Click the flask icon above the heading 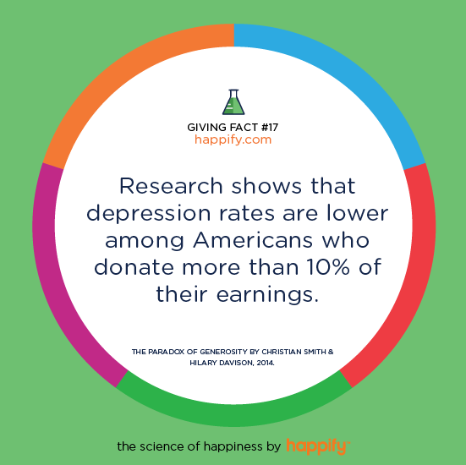tap(233, 102)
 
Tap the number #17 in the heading tap(270, 128)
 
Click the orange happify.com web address tap(233, 139)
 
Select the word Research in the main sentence tap(171, 186)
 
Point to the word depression tap(149, 214)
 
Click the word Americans tap(253, 240)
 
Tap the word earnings tap(267, 295)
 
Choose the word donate tap(134, 267)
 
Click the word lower tap(358, 213)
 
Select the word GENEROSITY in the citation tap(224, 352)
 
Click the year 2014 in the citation tap(266, 363)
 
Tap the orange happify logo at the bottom tap(318, 446)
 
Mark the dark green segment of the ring tap(234, 415)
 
